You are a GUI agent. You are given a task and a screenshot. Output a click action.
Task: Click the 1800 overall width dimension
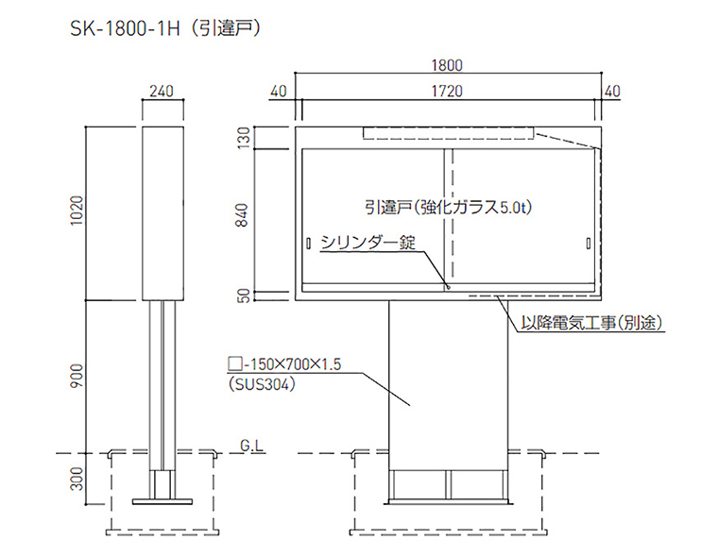(448, 65)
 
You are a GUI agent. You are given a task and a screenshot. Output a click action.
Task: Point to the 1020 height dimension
(78, 212)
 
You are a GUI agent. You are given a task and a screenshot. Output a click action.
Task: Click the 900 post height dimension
(78, 376)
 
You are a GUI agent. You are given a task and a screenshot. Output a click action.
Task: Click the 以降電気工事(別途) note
(590, 323)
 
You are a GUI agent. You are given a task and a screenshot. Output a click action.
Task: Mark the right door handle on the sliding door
(588, 245)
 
